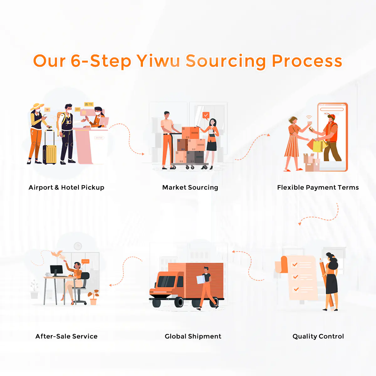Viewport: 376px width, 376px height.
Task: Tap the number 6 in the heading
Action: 76,61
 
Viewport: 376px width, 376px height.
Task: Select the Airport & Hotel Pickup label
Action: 66,187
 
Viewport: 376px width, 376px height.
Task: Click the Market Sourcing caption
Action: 190,187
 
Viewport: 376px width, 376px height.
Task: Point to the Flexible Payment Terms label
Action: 318,187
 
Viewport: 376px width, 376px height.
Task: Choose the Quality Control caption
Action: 318,336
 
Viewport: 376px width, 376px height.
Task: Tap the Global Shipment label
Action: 193,336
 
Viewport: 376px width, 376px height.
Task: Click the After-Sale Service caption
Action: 66,336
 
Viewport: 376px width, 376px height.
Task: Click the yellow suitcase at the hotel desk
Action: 50,153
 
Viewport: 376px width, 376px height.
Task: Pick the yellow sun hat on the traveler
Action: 37,106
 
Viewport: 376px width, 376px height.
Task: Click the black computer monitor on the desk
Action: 56,270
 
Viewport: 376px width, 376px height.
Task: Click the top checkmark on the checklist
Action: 295,265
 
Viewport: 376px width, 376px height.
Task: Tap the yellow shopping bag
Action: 318,146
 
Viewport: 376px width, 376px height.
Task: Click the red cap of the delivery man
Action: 331,117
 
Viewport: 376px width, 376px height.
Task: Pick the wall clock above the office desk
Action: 78,246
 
